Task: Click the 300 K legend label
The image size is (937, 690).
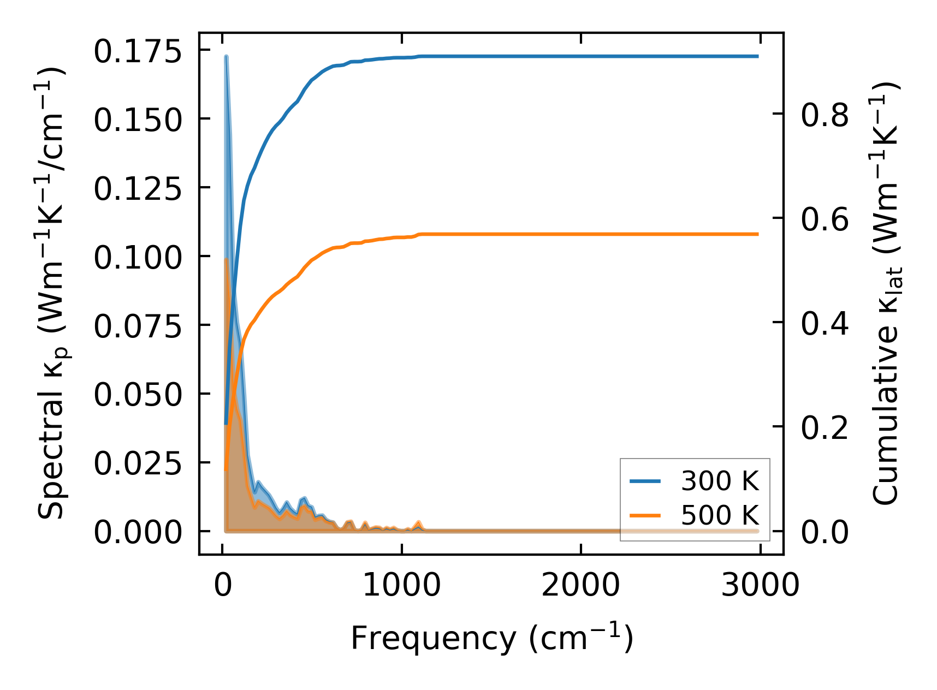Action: click(x=720, y=481)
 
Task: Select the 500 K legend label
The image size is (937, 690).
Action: click(x=720, y=515)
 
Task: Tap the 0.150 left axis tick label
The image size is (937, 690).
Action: click(x=137, y=120)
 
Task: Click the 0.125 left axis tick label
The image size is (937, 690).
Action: click(x=137, y=189)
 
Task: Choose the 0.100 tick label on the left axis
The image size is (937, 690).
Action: click(x=137, y=258)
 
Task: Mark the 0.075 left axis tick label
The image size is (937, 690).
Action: click(x=137, y=326)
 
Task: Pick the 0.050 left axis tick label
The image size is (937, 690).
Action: click(x=137, y=395)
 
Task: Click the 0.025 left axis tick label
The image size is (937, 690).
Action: click(x=137, y=463)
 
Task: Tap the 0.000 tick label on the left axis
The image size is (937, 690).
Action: click(x=137, y=532)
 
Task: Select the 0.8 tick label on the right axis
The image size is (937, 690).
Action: click(x=825, y=115)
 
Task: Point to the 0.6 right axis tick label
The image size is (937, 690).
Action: click(x=825, y=219)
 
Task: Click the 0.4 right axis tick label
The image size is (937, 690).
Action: click(x=825, y=323)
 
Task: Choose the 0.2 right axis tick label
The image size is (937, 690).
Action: click(x=825, y=427)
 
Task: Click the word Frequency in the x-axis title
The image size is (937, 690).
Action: click(x=432, y=638)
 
